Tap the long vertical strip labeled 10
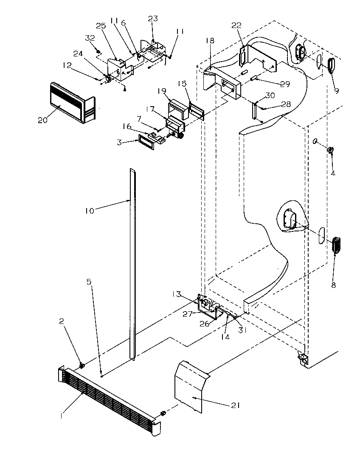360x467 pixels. click(133, 263)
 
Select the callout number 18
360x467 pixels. click(210, 41)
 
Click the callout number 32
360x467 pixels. click(90, 38)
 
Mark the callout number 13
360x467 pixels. click(188, 294)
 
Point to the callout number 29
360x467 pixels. click(285, 84)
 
